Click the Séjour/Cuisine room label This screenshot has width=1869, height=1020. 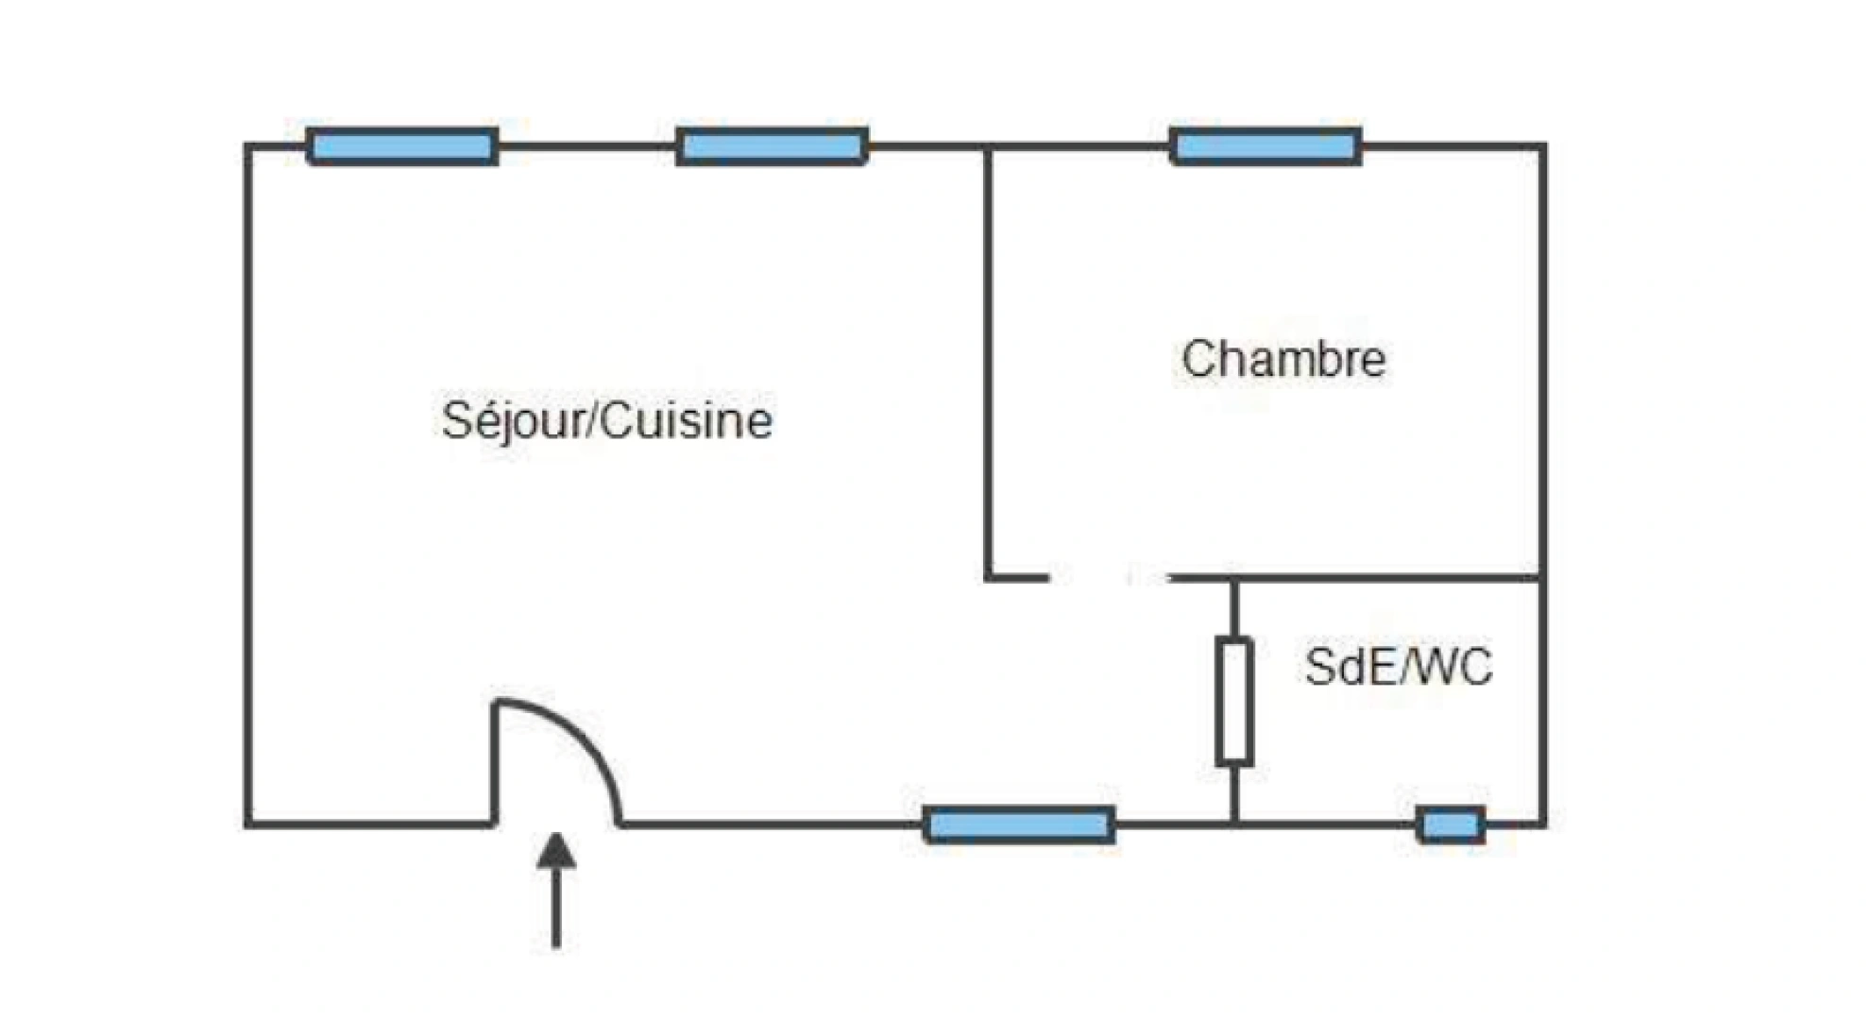point(606,420)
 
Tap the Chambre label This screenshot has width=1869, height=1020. point(1283,359)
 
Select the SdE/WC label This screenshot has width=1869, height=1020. point(1399,667)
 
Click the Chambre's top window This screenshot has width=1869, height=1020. point(1266,146)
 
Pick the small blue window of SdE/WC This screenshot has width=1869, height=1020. point(1451,825)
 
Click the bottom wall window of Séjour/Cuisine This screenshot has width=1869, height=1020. point(1019,825)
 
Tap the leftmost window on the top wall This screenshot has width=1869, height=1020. point(402,146)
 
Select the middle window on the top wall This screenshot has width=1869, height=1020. point(772,146)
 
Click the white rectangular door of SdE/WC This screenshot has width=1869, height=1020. point(1233,701)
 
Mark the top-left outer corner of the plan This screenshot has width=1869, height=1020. point(248,146)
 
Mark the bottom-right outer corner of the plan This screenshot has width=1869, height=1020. point(1543,824)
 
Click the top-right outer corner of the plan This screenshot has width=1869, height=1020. point(1543,146)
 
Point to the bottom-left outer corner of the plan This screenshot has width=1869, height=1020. point(248,824)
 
